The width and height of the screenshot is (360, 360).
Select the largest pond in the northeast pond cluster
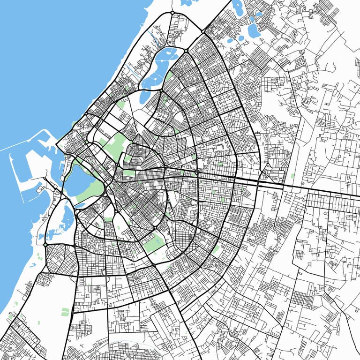coord(254,30)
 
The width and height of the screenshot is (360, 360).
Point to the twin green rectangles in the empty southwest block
coord(65,312)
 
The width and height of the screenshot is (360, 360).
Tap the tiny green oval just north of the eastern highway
coord(293,176)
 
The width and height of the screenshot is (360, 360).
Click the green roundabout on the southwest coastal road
coord(45,245)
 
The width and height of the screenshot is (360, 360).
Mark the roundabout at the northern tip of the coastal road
coord(172,12)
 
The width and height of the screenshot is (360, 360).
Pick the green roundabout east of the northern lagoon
coord(186,50)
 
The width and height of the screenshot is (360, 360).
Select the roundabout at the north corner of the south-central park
coord(155,228)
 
